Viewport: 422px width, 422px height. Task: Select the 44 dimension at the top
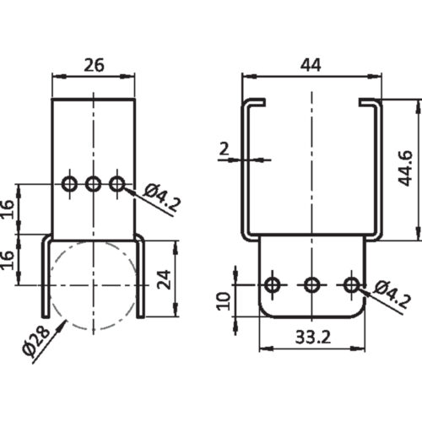[x=311, y=64]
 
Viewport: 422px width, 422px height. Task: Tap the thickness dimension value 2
[x=223, y=149]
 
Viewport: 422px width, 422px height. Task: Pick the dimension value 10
[x=222, y=300]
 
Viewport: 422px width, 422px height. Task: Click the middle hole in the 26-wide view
[x=94, y=182]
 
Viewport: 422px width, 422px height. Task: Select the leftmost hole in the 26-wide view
[x=70, y=182]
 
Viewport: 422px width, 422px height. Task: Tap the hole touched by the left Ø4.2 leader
[x=117, y=182]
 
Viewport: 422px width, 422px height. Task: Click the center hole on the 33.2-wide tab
[x=311, y=285]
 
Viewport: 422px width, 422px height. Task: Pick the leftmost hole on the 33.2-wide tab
[x=273, y=285]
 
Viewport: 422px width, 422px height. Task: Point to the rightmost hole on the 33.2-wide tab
[x=351, y=285]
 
